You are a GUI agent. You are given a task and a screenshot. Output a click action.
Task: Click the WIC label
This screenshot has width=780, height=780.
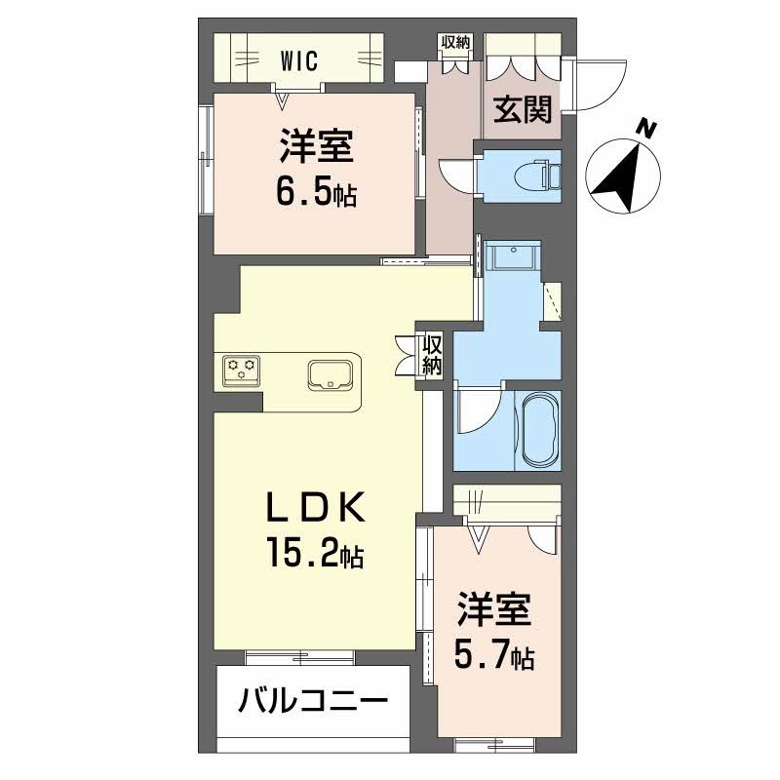point(300,60)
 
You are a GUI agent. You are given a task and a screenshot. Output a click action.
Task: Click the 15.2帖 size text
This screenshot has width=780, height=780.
point(314,556)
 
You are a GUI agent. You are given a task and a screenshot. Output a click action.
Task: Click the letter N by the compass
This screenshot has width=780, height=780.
point(645,128)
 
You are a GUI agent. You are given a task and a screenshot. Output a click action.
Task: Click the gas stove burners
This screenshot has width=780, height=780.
point(242,370)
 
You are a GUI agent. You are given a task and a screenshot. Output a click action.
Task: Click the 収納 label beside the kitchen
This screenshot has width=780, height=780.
point(432,356)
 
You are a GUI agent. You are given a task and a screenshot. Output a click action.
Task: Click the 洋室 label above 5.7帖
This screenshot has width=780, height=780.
point(494,612)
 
